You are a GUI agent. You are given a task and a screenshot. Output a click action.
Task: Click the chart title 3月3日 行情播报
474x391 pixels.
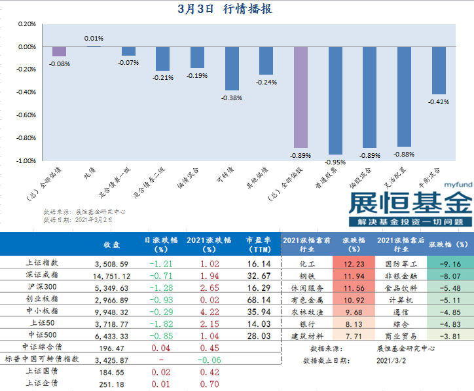point(225,9)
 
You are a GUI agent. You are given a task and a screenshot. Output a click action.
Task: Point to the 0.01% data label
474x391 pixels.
point(94,39)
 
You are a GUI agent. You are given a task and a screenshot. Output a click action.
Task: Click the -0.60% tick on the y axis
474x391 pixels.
point(26,115)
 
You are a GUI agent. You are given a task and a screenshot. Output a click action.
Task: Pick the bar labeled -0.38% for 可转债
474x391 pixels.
point(232,68)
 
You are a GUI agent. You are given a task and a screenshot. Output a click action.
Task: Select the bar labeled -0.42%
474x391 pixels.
point(439,71)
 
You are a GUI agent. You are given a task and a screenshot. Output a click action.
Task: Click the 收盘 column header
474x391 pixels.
point(111,244)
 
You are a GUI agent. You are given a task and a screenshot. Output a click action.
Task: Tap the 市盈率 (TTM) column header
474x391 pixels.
point(257,244)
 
